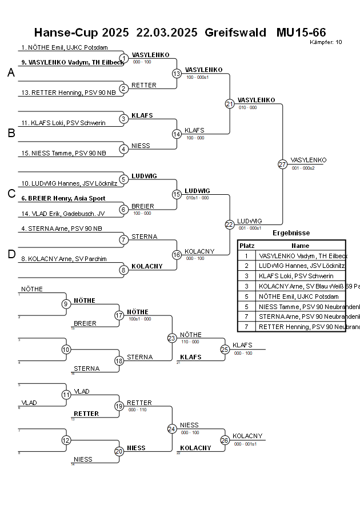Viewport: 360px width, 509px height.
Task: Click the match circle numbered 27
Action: coord(282,164)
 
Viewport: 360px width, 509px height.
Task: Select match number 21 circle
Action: coord(230,103)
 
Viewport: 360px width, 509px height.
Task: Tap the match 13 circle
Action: coord(177,73)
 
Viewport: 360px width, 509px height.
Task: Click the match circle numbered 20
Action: coord(119,451)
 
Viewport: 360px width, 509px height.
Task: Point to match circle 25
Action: coord(225,349)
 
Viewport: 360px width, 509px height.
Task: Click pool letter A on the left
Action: coord(11,73)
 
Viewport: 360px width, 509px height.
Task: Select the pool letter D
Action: coord(11,254)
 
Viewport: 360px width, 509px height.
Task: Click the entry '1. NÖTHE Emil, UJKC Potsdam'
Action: coord(64,48)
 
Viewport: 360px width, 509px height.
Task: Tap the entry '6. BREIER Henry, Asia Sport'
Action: coord(63,198)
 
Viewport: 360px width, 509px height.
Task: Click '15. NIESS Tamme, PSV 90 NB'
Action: coord(63,153)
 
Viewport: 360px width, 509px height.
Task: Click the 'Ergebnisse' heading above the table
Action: coord(291,233)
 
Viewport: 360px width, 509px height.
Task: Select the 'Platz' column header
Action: coord(247,245)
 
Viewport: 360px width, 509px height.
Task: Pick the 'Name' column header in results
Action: coord(300,245)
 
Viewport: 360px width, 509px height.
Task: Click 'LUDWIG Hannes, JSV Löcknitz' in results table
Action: coord(301,266)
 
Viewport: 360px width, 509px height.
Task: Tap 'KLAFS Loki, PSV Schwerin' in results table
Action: coord(296,276)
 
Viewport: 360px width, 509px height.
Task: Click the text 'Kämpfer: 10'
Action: coord(326,42)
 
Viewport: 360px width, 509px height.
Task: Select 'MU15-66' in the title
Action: coord(301,32)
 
